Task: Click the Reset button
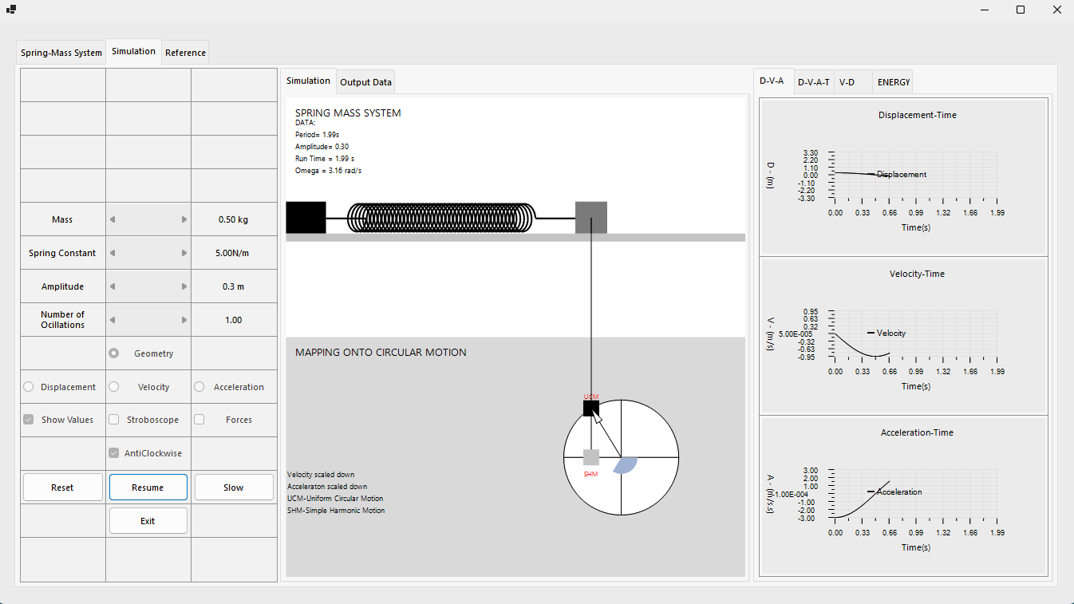pyautogui.click(x=62, y=487)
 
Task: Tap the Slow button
pyautogui.click(x=234, y=487)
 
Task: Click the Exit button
pyautogui.click(x=148, y=520)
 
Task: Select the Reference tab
pyautogui.click(x=185, y=53)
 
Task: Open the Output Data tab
pyautogui.click(x=365, y=82)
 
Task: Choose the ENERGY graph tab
pyautogui.click(x=893, y=82)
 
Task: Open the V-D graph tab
pyautogui.click(x=847, y=82)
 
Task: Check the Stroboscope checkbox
pyautogui.click(x=113, y=420)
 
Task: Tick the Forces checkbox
pyautogui.click(x=199, y=420)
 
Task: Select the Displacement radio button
pyautogui.click(x=28, y=386)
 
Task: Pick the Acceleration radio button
pyautogui.click(x=199, y=386)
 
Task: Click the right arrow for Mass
pyautogui.click(x=184, y=219)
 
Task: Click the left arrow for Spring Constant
pyautogui.click(x=113, y=253)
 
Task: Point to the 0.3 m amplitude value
pyautogui.click(x=233, y=286)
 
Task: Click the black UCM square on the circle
pyautogui.click(x=590, y=409)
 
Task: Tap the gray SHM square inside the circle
pyautogui.click(x=590, y=457)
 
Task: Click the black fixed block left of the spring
pyautogui.click(x=306, y=218)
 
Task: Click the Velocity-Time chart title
pyautogui.click(x=917, y=274)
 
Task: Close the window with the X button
pyautogui.click(x=1056, y=10)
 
